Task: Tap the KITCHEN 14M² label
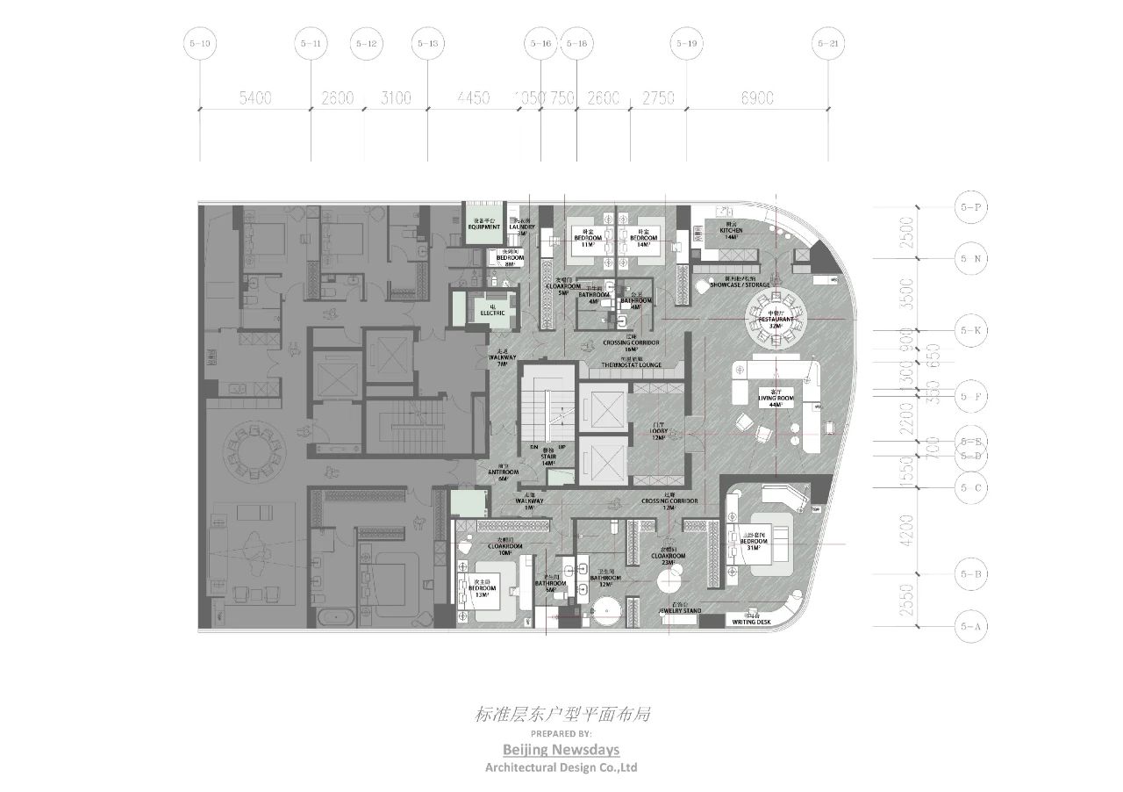731,233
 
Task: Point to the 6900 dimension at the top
756,98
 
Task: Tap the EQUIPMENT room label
483,226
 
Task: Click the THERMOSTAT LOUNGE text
631,364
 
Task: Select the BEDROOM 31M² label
754,540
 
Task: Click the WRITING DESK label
751,623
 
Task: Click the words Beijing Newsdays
561,749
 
